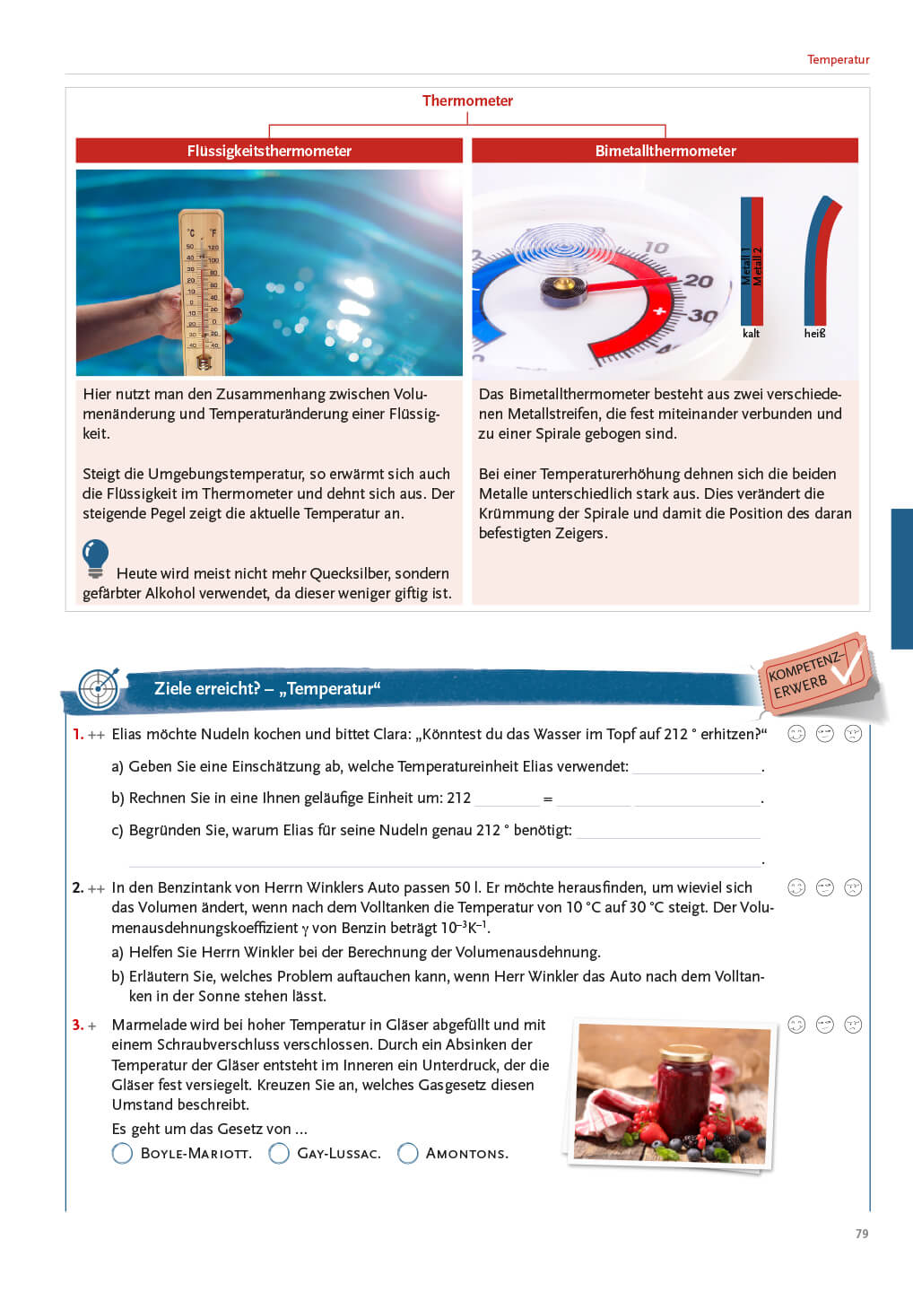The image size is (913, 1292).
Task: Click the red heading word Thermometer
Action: tap(467, 100)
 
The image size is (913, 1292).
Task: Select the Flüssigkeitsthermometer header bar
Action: tap(269, 151)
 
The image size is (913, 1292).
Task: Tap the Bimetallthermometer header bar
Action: tap(665, 151)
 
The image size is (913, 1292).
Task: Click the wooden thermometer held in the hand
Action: tap(202, 292)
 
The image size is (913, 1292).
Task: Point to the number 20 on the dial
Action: tap(699, 282)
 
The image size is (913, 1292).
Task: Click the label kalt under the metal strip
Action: tap(751, 334)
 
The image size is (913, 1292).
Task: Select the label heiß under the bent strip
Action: tap(814, 334)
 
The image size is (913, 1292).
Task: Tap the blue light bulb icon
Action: tap(95, 557)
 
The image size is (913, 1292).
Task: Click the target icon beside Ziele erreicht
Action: tap(98, 689)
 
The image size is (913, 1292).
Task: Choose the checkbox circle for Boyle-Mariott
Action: tap(122, 1153)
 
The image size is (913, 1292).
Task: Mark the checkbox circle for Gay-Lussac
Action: tap(279, 1153)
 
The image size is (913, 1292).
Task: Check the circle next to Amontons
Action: tap(407, 1153)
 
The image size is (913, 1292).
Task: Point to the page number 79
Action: tap(861, 1234)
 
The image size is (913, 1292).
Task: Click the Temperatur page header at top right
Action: tap(838, 60)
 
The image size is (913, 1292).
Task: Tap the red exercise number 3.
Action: tap(77, 1025)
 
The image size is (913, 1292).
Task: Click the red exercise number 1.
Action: tap(77, 734)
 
